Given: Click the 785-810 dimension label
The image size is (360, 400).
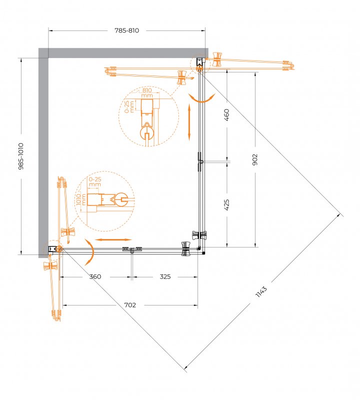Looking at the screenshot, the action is click(127, 30).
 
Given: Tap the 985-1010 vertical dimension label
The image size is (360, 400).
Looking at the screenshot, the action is click(21, 156).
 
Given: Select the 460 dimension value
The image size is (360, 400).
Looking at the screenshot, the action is click(226, 114).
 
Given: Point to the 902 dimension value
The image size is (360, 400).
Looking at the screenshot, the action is click(255, 159).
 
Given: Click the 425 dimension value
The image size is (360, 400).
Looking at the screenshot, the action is click(226, 204).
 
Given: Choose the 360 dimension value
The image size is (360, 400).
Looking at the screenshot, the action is click(95, 276).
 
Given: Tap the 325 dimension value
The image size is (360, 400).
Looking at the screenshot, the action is click(165, 276).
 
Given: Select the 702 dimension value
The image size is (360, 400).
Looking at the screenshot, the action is click(130, 305).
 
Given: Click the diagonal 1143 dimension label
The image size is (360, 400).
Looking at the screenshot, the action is click(261, 291).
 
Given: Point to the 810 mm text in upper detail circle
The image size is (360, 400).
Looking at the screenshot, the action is click(147, 93).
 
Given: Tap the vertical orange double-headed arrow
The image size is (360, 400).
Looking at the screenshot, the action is click(189, 122).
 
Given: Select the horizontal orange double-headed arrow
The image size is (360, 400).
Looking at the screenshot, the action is click(113, 239).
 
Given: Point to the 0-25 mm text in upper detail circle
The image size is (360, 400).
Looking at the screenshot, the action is click(129, 106).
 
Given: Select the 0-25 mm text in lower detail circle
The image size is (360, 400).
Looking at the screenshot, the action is click(95, 181).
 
